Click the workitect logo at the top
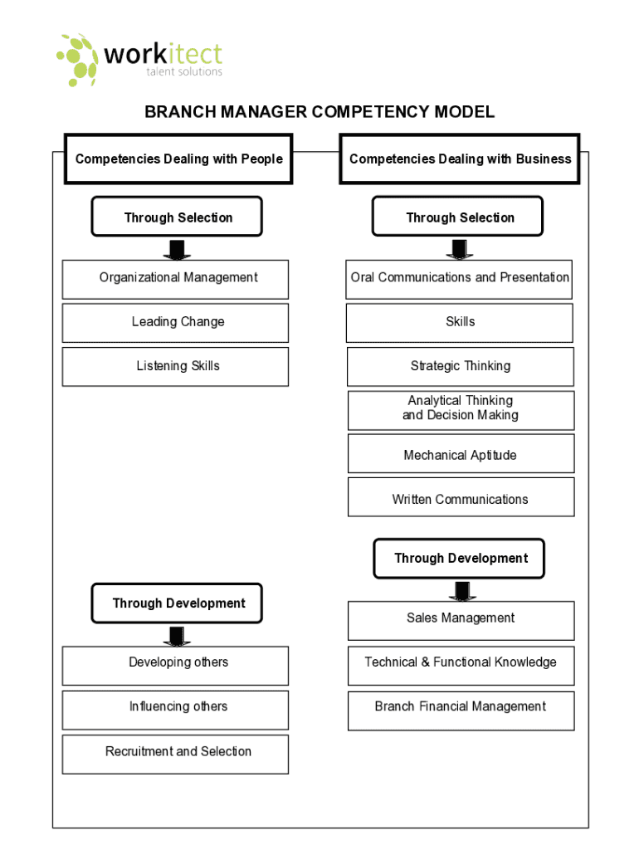139,59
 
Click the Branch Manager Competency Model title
319,112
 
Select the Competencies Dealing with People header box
178,159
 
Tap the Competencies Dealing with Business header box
460,159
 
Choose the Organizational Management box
175,279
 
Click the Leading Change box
175,323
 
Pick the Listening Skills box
175,367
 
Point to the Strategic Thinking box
461,367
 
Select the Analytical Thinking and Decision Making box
461,410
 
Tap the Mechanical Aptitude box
461,454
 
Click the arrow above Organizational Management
176,249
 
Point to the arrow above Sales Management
462,590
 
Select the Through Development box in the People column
177,603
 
